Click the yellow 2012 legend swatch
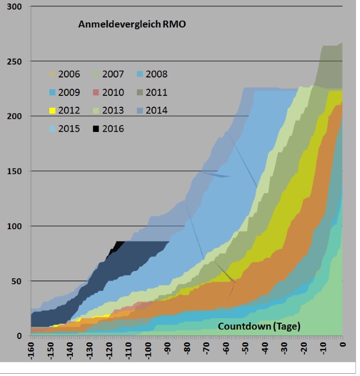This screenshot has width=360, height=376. pyautogui.click(x=52, y=111)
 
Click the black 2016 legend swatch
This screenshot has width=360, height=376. pyautogui.click(x=96, y=129)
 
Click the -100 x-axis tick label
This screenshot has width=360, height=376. pyautogui.click(x=148, y=354)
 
